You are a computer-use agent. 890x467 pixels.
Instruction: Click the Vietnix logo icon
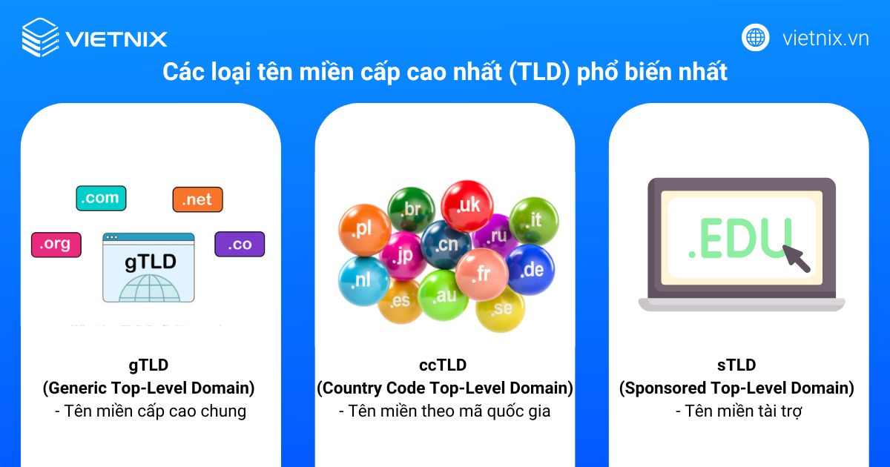pos(40,38)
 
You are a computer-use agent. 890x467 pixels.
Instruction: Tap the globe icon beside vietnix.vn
pos(756,37)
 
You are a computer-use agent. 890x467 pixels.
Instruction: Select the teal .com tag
pos(101,198)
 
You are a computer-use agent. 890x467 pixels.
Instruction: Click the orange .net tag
pos(197,199)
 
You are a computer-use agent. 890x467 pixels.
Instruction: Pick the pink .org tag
pos(56,245)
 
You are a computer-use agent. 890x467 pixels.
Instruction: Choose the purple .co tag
pos(240,245)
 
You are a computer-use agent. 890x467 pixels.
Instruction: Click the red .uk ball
pos(467,205)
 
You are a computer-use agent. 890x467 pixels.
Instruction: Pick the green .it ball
pos(533,220)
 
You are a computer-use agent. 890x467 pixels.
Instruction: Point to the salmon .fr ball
pos(481,273)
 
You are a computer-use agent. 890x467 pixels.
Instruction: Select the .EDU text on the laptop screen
pos(739,239)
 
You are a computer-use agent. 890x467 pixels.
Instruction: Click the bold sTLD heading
pos(736,365)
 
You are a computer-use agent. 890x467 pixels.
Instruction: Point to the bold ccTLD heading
pos(444,365)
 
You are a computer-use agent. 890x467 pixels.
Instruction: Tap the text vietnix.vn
pos(825,38)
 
